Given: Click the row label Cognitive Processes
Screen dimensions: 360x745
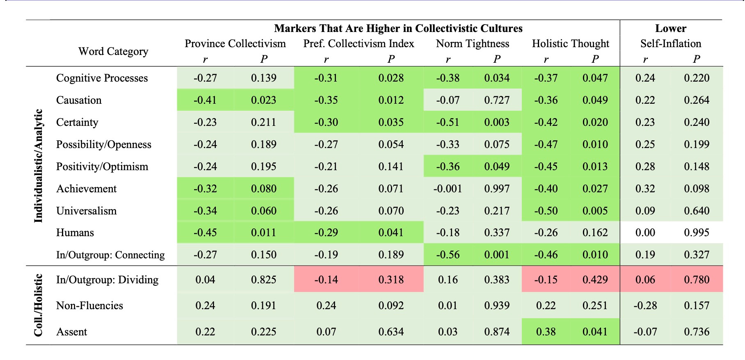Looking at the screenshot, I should click(x=102, y=78).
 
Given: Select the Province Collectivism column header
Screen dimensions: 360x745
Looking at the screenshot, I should click(x=235, y=43).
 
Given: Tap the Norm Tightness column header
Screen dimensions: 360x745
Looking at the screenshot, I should click(x=472, y=43).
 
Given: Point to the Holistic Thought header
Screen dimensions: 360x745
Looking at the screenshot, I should click(x=570, y=43).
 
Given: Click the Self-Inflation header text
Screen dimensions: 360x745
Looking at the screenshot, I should click(x=671, y=43).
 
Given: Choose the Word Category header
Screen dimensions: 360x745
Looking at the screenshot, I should click(x=113, y=51).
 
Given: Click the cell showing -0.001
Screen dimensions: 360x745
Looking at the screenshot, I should click(x=448, y=189).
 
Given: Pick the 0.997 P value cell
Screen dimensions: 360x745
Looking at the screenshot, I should click(x=497, y=189).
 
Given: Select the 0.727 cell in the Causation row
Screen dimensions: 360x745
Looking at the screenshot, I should click(x=497, y=100).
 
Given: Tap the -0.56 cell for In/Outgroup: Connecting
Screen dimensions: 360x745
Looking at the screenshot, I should click(x=448, y=255).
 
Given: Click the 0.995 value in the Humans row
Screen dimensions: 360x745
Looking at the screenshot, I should click(x=697, y=232).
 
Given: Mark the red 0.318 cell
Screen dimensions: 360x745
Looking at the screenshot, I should click(x=391, y=280).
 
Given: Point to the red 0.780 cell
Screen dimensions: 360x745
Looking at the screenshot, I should click(x=697, y=280).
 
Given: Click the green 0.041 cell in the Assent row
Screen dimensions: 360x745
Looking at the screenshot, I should click(x=595, y=332).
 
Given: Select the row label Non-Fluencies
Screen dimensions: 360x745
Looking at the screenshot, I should click(x=89, y=305).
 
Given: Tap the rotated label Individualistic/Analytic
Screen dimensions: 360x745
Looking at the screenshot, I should click(x=38, y=166).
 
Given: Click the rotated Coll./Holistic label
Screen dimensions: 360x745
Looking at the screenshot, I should click(x=38, y=305).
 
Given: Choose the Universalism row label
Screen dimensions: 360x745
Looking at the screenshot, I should click(x=86, y=211).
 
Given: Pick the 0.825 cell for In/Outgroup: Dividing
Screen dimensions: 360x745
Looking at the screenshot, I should click(x=263, y=280).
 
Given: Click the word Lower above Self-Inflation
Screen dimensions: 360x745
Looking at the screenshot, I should click(x=671, y=28).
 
